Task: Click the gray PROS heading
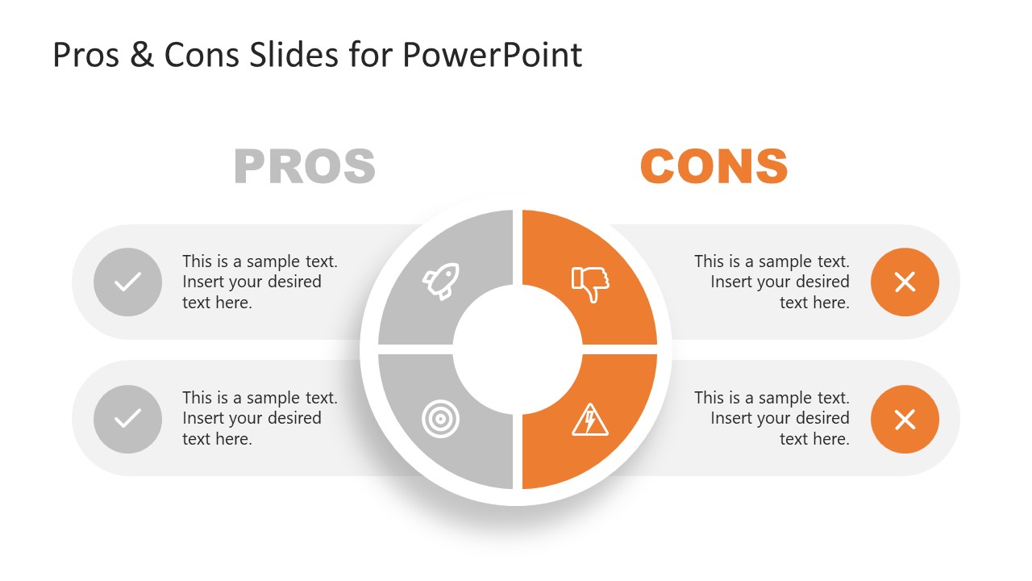point(305,166)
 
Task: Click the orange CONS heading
point(714,166)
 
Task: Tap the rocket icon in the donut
point(441,281)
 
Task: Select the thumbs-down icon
point(590,283)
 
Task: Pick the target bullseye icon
point(439,420)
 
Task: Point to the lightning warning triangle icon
point(590,420)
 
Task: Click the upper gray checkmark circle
point(127,282)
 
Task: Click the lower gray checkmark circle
point(127,419)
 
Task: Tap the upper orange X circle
point(905,282)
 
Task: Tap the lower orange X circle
point(905,419)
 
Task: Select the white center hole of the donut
point(517,349)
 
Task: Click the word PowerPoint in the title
point(492,55)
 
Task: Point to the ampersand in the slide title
point(141,55)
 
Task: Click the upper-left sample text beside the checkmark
point(260,282)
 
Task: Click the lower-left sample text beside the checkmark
point(260,418)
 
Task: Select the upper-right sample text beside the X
point(772,282)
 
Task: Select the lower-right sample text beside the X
point(772,418)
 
